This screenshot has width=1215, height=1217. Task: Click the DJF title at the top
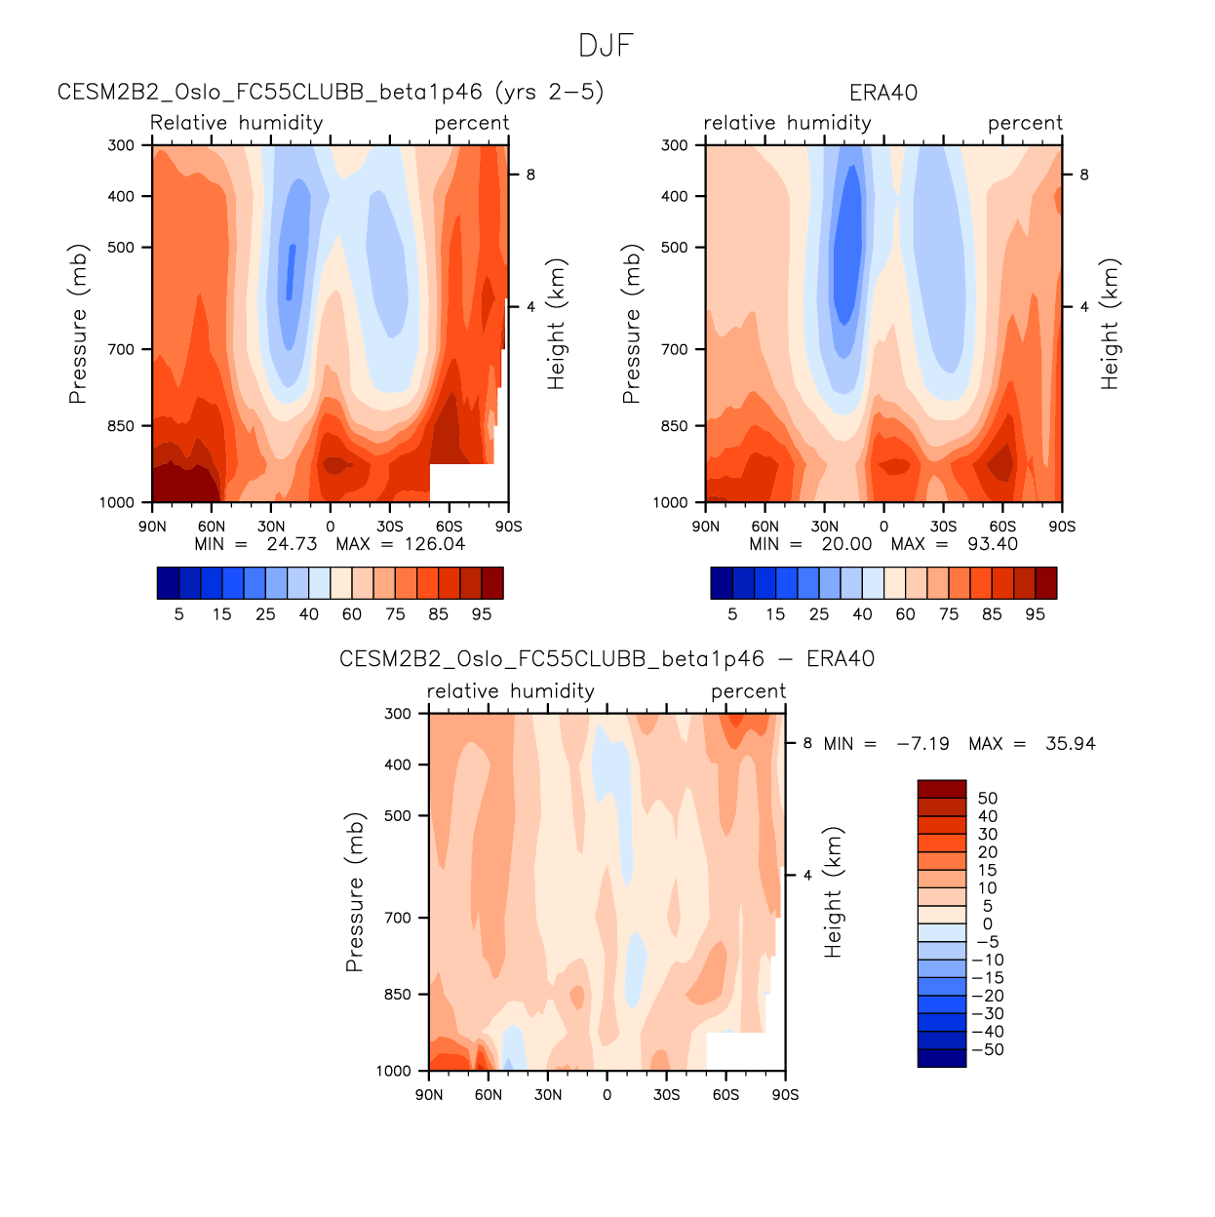[606, 46]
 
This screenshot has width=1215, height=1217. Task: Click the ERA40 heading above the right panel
[883, 93]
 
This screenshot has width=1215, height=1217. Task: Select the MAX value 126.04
[435, 544]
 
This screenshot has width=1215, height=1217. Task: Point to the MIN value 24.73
[292, 544]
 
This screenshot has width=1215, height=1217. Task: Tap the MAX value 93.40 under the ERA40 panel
[992, 544]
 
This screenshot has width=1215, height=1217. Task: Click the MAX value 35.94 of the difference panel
[1070, 744]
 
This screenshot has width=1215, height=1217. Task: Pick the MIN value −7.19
[922, 744]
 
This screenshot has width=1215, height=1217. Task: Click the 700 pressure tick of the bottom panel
[398, 918]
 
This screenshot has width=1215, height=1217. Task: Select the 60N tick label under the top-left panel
[212, 527]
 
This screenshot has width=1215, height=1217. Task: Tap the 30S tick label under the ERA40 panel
[943, 527]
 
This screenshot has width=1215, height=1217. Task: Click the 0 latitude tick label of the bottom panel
[607, 1095]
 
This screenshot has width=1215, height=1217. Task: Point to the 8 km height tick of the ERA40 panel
[1084, 176]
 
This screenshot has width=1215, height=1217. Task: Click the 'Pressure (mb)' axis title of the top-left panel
[78, 324]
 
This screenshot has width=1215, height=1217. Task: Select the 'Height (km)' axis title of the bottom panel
[833, 892]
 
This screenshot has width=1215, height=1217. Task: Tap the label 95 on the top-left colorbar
[482, 614]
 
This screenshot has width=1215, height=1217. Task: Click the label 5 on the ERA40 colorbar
[732, 614]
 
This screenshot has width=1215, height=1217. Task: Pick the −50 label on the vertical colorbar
[989, 1050]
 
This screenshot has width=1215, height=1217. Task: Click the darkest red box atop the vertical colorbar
[941, 789]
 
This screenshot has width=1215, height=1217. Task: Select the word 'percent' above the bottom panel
[748, 691]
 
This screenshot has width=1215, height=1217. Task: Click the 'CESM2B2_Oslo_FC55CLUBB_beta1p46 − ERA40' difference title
[607, 659]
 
